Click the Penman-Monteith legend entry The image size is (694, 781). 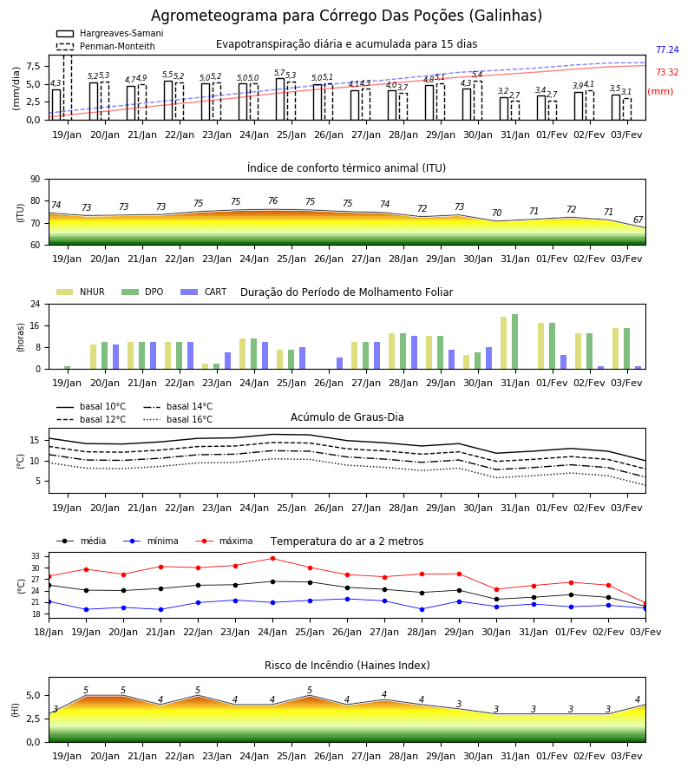point(106,46)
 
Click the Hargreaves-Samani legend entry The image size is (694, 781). point(110,33)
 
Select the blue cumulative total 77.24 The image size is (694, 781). point(667,49)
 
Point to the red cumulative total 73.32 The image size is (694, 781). point(667,72)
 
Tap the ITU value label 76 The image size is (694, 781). point(272,200)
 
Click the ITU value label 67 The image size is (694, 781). point(638,220)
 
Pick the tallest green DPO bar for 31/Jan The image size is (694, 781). point(514,342)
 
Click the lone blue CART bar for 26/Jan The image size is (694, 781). point(339,363)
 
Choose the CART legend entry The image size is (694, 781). point(204,292)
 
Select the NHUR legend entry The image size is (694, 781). point(81,292)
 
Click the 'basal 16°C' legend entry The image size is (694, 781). point(178,419)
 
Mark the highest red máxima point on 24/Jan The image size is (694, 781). point(272,558)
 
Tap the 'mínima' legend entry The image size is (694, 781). point(151,541)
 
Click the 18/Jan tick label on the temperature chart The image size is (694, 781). point(49,632)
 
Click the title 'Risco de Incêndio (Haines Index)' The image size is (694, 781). point(347,666)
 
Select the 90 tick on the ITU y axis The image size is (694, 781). point(36,180)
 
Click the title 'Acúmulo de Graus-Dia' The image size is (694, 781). point(347,417)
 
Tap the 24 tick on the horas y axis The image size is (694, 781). point(36,304)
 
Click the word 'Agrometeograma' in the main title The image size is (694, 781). point(214,16)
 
